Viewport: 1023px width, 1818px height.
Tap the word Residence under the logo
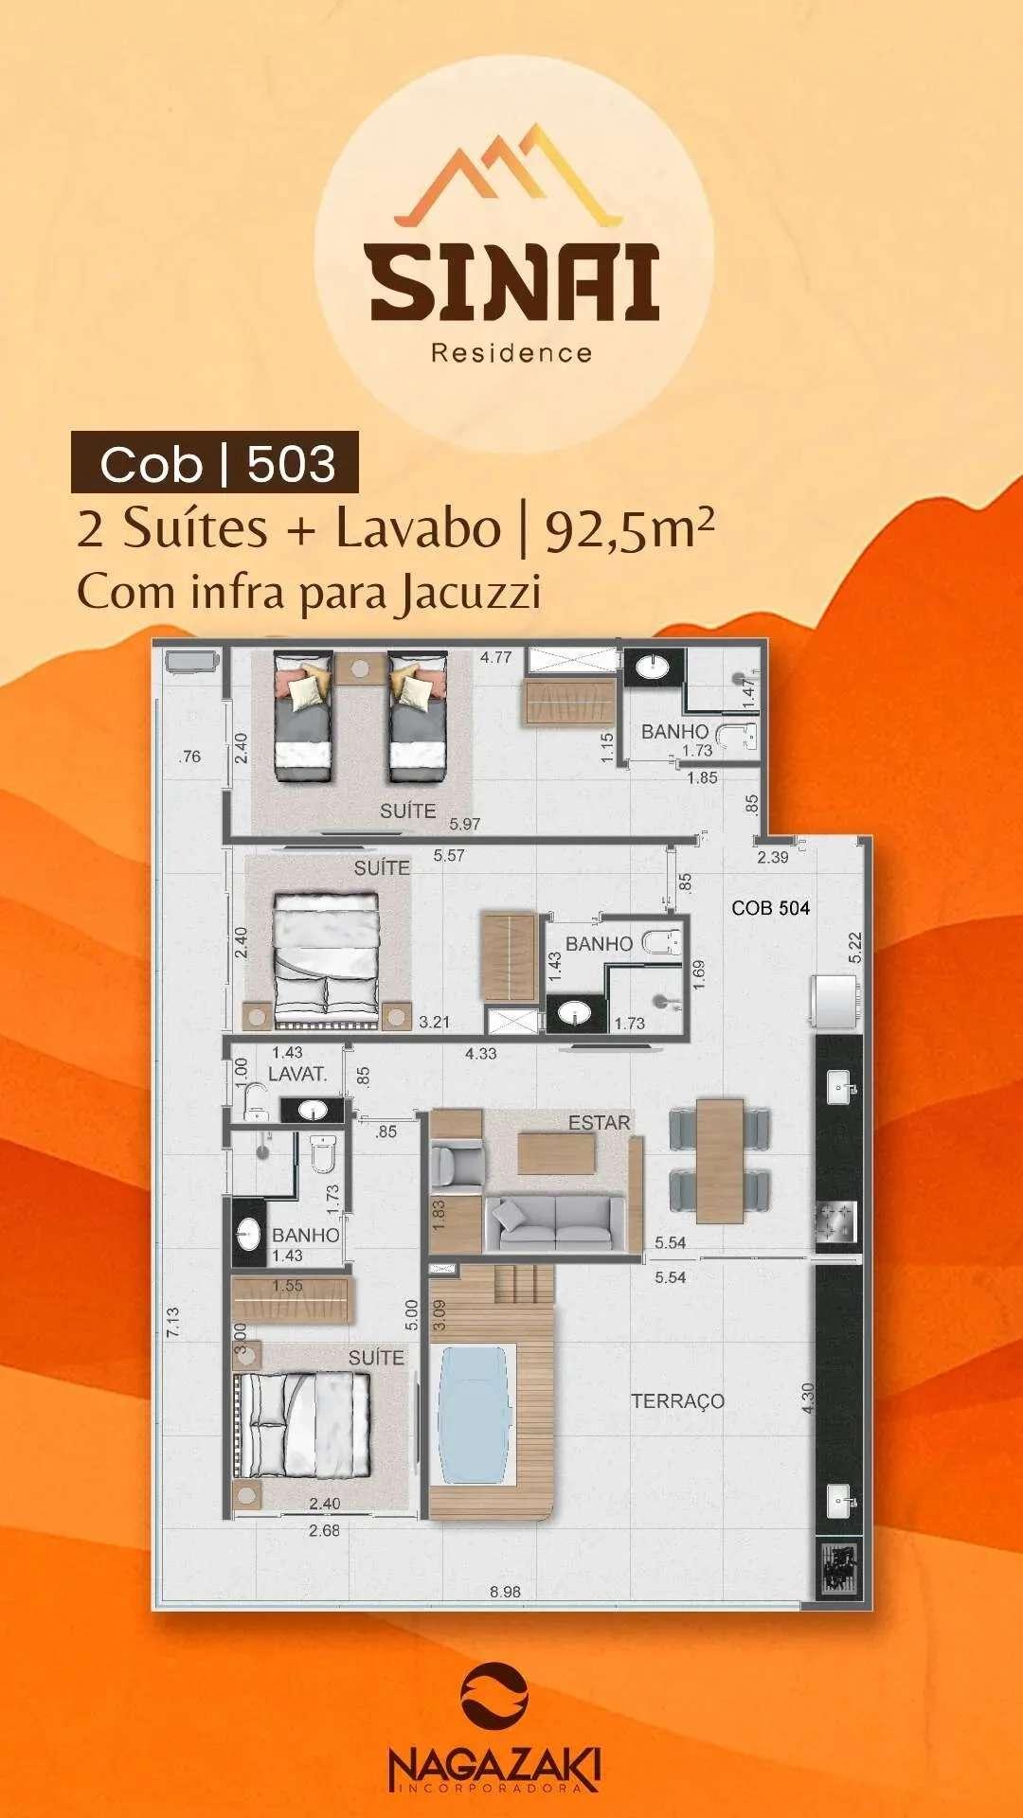point(511,353)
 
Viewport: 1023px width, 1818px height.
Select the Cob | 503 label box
point(215,463)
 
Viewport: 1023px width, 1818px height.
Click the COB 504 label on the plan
point(770,908)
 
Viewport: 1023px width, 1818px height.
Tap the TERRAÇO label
point(677,1401)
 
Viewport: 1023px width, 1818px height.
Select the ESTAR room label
point(599,1122)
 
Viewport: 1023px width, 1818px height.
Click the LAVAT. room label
point(296,1074)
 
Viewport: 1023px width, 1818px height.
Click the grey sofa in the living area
point(555,1222)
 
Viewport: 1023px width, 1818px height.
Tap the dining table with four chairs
point(719,1159)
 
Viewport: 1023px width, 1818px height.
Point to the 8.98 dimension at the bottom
point(505,1592)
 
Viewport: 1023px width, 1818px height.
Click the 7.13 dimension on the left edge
point(172,1322)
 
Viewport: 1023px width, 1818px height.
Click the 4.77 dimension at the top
point(495,657)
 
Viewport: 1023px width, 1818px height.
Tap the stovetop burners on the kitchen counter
point(835,1221)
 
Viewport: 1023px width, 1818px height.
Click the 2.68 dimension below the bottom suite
point(324,1530)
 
